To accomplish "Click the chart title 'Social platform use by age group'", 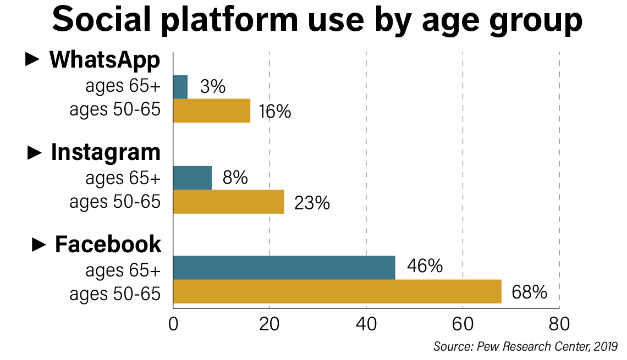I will [317, 21].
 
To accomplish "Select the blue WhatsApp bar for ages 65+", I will [180, 87].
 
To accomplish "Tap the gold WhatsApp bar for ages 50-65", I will [212, 110].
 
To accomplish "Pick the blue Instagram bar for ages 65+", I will [193, 178].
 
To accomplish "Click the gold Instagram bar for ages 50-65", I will [229, 202].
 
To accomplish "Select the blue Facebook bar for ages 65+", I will [284, 268].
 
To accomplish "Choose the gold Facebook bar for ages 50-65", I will [337, 291].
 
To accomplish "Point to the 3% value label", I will [213, 87].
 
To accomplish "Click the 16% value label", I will [275, 112].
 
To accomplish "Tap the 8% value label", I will [235, 178].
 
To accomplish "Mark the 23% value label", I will [312, 203].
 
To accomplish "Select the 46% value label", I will [425, 267].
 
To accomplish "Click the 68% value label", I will [529, 292].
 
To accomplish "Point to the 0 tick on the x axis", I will [173, 324].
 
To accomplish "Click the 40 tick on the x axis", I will [366, 324].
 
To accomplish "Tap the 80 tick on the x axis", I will [559, 324].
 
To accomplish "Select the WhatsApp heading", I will [105, 60].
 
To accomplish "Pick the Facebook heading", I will [108, 245].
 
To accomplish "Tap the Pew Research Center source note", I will [525, 347].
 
